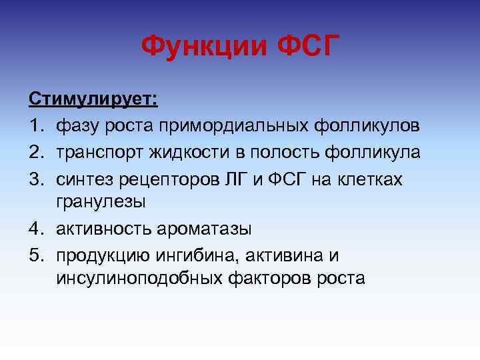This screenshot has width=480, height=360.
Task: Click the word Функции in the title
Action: click(203, 47)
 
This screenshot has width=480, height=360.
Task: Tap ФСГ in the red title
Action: click(304, 47)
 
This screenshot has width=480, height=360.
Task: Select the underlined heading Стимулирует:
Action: click(93, 100)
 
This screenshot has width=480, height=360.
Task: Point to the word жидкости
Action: click(192, 151)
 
